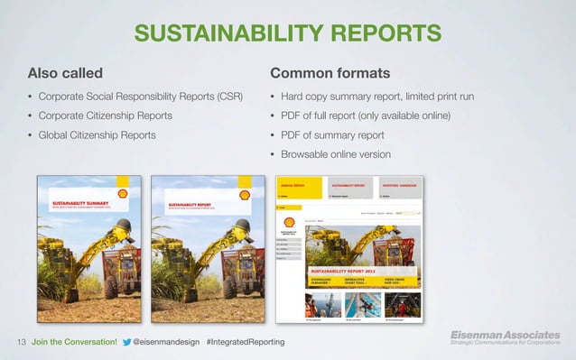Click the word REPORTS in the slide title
385,33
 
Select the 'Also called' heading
65,72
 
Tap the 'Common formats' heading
330,72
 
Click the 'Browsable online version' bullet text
336,154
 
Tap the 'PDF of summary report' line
332,135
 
